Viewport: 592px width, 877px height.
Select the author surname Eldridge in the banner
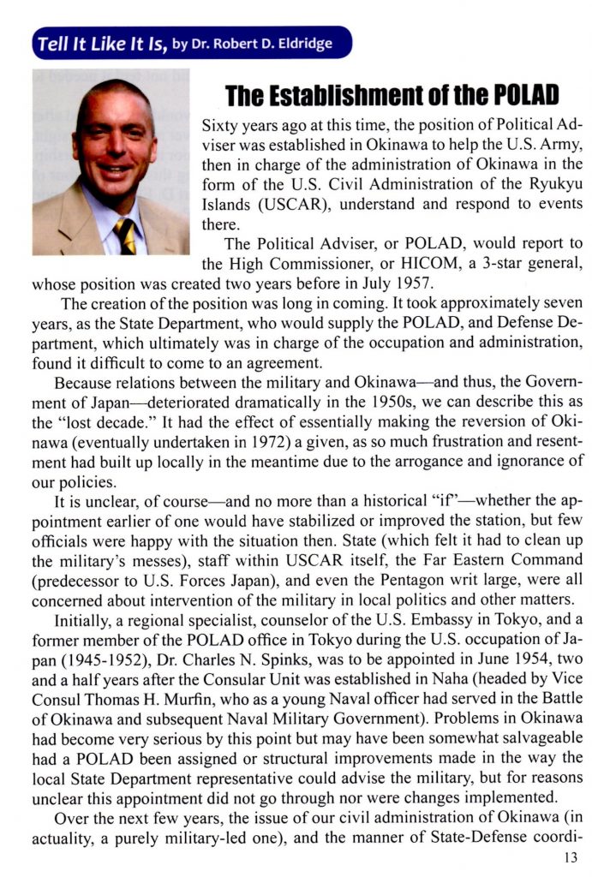point(305,43)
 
